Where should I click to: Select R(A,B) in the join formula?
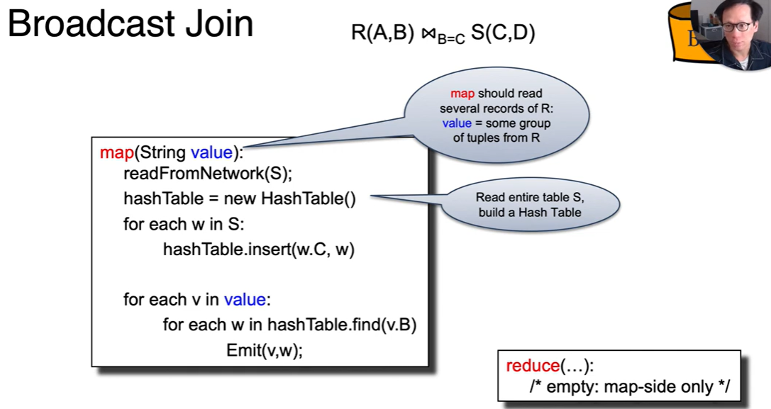[x=382, y=33]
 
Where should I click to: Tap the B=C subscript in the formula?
[x=450, y=40]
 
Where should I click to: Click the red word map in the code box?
[x=116, y=152]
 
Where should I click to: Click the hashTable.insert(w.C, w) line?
[x=258, y=250]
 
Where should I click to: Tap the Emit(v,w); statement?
[x=265, y=350]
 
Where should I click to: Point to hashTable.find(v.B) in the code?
[x=342, y=325]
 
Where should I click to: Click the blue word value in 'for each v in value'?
[x=245, y=300]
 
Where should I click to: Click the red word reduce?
[x=533, y=366]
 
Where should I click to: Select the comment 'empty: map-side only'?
[x=628, y=387]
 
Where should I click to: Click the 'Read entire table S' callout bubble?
[x=529, y=205]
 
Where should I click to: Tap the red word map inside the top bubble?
[x=462, y=94]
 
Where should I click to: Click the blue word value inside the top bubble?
[x=456, y=123]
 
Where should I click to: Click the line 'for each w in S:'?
[x=184, y=225]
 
